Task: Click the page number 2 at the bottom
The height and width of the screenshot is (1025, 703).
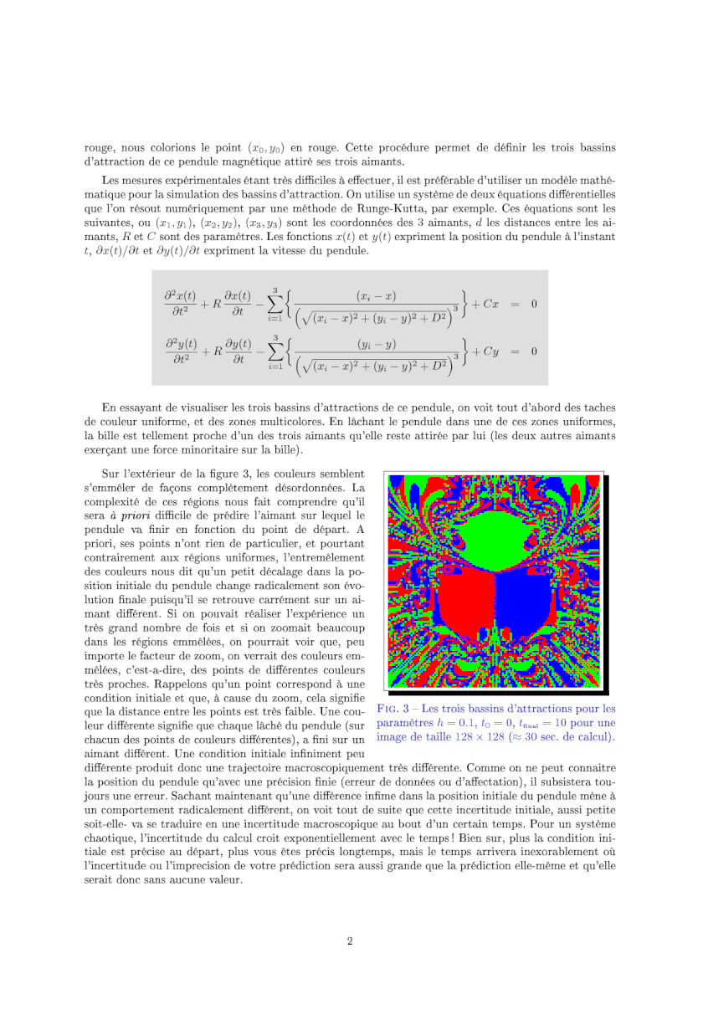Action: (x=351, y=941)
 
